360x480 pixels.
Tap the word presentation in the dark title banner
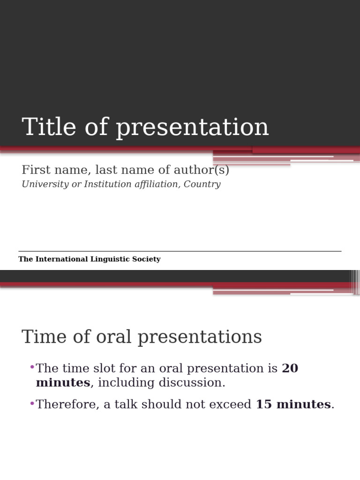point(193,128)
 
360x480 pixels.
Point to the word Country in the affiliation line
point(202,184)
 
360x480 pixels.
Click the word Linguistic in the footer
point(110,259)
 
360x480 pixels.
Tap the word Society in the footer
point(146,259)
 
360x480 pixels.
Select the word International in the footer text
point(60,259)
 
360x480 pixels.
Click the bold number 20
point(290,368)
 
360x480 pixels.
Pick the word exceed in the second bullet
point(232,405)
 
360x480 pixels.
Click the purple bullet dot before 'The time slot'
point(32,367)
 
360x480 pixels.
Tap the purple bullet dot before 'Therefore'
point(32,403)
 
